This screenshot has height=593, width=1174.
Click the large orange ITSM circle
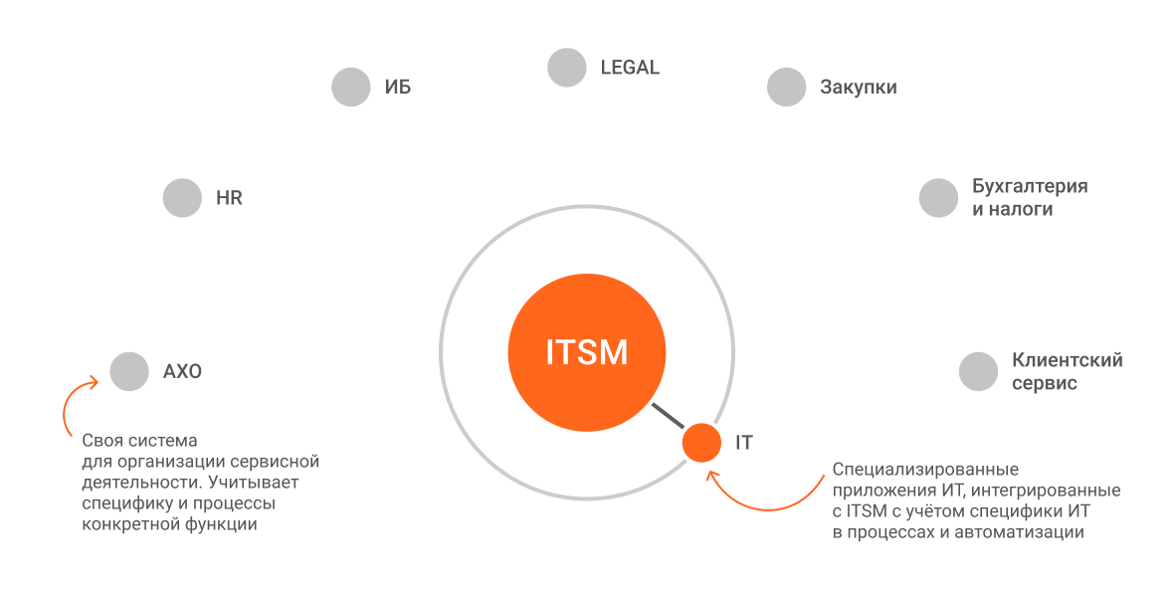[587, 352]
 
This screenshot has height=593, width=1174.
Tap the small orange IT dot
[701, 442]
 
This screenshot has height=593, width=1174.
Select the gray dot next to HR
[182, 198]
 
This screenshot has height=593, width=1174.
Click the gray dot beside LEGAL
[567, 68]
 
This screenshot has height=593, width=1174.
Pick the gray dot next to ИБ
[350, 87]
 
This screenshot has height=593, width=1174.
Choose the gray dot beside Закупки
[786, 87]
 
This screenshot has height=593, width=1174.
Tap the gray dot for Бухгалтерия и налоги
[938, 198]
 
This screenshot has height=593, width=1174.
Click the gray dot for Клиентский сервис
[978, 371]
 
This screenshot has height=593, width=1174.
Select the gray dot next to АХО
[129, 371]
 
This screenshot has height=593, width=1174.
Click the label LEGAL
[630, 68]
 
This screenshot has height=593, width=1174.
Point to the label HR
[229, 198]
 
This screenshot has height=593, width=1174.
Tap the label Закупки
[859, 88]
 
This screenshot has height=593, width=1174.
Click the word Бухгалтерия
[1030, 187]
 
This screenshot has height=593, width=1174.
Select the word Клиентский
[1068, 360]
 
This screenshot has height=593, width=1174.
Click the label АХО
[182, 372]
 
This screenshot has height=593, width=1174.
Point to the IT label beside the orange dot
[744, 443]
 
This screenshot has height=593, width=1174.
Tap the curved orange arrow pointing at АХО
[70, 406]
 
